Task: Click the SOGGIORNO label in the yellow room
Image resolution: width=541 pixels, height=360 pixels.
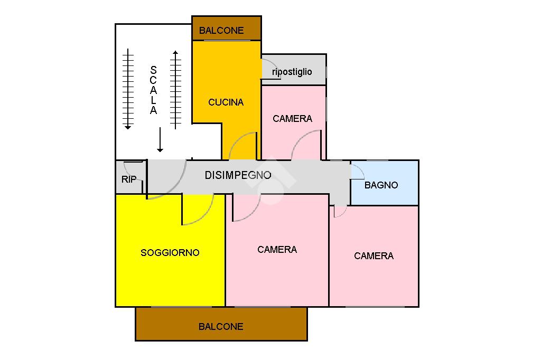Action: pyautogui.click(x=170, y=253)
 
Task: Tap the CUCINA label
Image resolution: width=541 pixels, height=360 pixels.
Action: pyautogui.click(x=226, y=102)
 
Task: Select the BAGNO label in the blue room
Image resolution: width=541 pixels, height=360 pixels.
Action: pyautogui.click(x=381, y=185)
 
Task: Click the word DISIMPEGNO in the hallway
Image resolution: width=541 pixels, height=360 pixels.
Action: pyautogui.click(x=238, y=175)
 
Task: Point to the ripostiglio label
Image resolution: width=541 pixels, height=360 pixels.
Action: pyautogui.click(x=292, y=72)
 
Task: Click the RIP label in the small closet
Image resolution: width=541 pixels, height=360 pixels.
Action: pyautogui.click(x=129, y=179)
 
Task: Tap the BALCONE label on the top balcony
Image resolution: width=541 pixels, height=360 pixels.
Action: pyautogui.click(x=221, y=31)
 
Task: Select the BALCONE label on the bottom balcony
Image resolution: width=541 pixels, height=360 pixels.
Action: pyautogui.click(x=221, y=327)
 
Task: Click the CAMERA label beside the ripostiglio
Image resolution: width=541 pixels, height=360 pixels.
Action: pyautogui.click(x=292, y=119)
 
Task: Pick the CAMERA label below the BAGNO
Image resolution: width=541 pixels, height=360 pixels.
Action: pyautogui.click(x=374, y=256)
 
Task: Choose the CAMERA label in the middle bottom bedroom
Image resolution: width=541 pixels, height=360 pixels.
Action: pyautogui.click(x=277, y=250)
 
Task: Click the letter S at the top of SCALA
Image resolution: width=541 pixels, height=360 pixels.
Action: pyautogui.click(x=153, y=70)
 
